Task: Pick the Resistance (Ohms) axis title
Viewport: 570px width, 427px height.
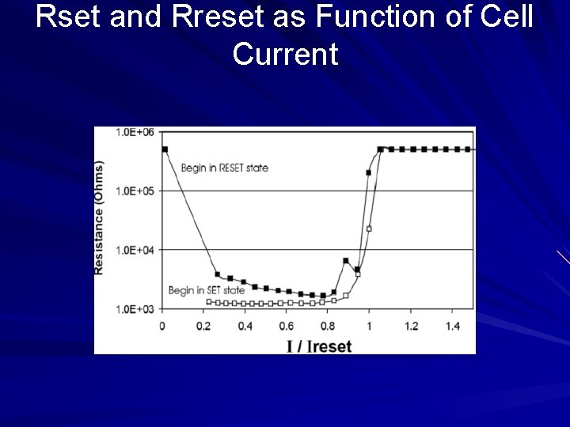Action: point(101,217)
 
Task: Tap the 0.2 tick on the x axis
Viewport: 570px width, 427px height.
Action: point(204,326)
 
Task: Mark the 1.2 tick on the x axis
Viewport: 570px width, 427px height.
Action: point(411,326)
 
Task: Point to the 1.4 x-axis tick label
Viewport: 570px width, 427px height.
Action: point(452,326)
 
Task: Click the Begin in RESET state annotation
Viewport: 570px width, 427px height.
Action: point(224,168)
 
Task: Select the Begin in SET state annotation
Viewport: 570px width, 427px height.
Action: point(206,291)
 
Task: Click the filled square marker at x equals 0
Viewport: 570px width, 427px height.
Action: point(165,149)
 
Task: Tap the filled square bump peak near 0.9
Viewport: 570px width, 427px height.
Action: point(346,261)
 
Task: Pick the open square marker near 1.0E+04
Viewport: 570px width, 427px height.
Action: point(369,229)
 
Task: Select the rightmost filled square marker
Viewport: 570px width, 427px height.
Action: point(467,149)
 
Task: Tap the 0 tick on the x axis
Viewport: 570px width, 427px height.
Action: point(162,326)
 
